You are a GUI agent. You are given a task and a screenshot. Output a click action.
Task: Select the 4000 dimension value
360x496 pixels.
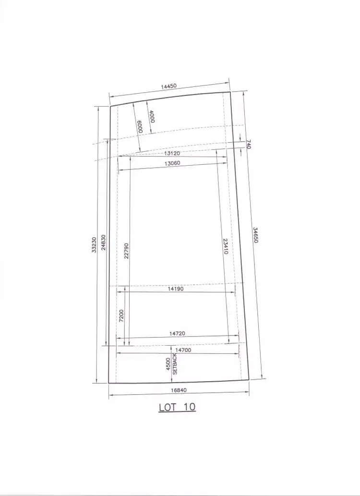click(x=152, y=116)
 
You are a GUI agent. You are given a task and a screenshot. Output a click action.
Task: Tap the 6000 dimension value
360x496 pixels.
click(x=140, y=127)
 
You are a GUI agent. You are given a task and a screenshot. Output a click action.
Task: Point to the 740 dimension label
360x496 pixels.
click(x=248, y=144)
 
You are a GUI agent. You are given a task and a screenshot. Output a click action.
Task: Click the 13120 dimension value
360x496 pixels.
click(x=172, y=154)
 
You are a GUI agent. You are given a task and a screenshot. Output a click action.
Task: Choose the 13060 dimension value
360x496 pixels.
click(x=172, y=163)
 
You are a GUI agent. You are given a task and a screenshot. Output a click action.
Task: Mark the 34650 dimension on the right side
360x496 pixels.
click(x=256, y=235)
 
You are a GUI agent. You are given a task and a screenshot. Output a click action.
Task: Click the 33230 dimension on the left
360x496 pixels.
click(x=94, y=245)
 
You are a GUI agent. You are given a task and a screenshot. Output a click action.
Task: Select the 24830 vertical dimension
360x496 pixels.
click(x=104, y=242)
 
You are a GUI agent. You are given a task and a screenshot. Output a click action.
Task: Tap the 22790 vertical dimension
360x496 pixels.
click(x=126, y=251)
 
